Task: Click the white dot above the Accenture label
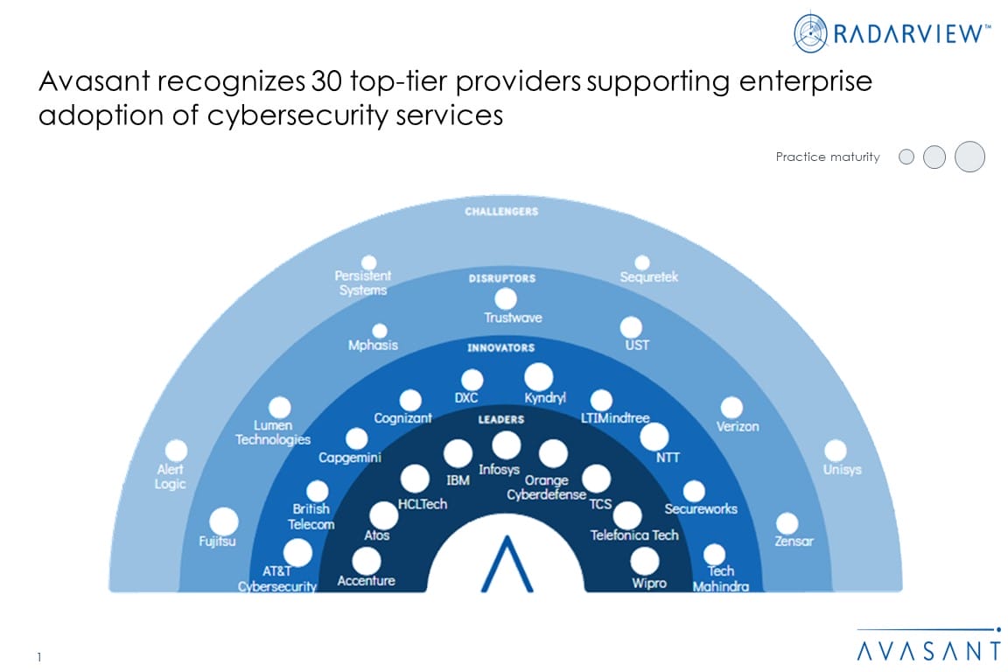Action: coord(367,560)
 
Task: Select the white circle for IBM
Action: coord(458,453)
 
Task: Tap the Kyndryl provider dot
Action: coord(539,377)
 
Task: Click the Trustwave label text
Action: coord(513,318)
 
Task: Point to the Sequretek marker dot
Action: coord(642,262)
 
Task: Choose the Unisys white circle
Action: coord(836,451)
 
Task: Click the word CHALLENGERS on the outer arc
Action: coord(501,212)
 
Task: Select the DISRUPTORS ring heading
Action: coord(501,278)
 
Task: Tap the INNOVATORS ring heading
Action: coord(500,348)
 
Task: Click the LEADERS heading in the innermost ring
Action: coord(500,419)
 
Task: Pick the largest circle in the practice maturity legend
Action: coord(969,157)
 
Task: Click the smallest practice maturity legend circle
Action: coord(906,157)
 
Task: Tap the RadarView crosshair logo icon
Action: coord(810,32)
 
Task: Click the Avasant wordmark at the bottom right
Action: coord(928,650)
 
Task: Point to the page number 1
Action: coord(40,656)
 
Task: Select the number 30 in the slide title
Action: coord(322,82)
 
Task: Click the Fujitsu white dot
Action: coord(224,521)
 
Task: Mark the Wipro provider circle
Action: coord(645,561)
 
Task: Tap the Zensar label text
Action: coord(794,541)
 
